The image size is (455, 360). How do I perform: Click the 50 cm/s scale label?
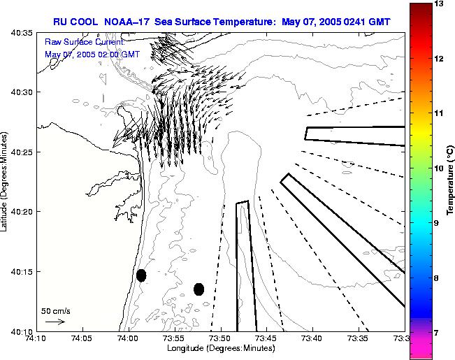coord(55,310)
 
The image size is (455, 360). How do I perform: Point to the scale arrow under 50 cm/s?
coord(55,322)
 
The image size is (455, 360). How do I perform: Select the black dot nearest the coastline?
coord(141,275)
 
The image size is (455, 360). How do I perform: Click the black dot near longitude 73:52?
coord(198,289)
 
